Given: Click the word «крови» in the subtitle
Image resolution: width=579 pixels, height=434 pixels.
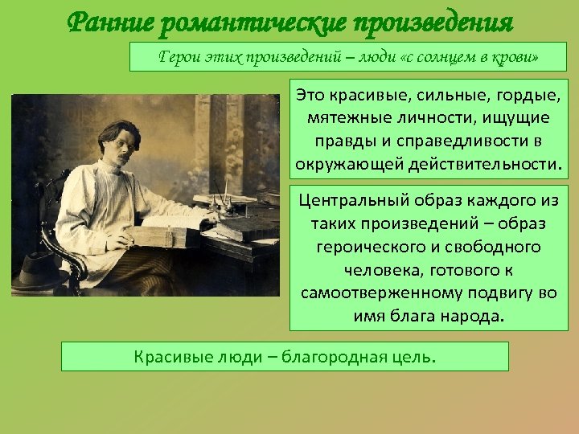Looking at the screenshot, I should point(514,57).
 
